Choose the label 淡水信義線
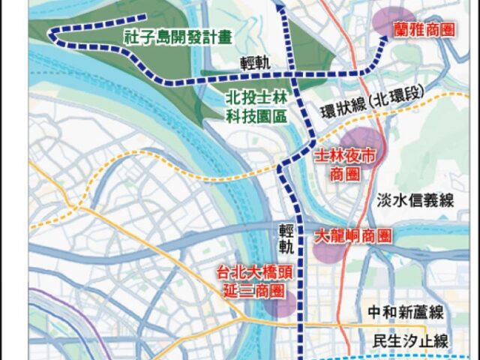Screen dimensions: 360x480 [x=410, y=199]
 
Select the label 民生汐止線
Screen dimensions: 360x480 [x=410, y=340]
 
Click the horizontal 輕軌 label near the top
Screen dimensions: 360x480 [x=253, y=61]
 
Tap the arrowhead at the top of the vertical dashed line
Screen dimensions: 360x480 [x=279, y=8]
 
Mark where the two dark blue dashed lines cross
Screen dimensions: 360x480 [x=292, y=75]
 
